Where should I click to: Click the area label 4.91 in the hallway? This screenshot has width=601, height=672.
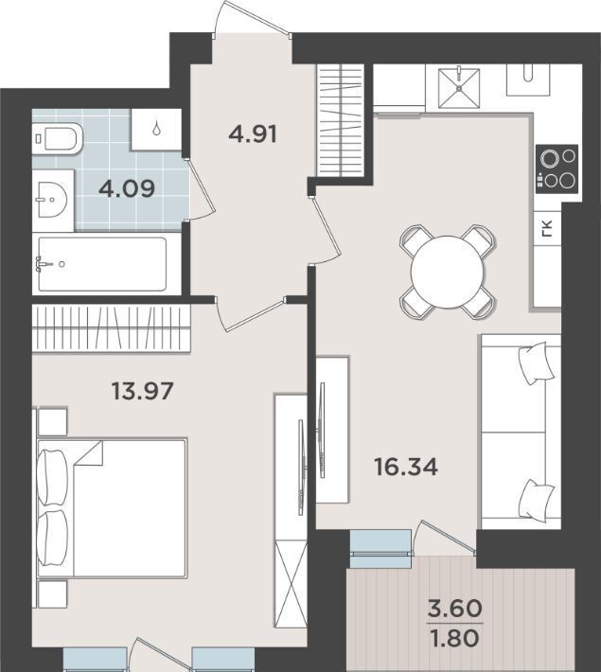[253, 134]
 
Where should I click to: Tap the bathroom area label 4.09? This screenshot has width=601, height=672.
[127, 188]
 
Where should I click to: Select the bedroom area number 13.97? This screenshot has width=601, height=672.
[142, 391]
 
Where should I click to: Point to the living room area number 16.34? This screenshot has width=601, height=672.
[406, 467]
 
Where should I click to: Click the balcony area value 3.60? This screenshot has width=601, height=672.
[455, 609]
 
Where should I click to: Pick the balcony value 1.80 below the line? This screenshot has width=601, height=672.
[455, 639]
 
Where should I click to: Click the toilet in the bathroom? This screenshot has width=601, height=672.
[58, 138]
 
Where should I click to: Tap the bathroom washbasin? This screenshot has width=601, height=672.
[53, 200]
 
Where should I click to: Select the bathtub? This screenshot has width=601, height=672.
[102, 264]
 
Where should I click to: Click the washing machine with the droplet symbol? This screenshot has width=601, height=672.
[156, 129]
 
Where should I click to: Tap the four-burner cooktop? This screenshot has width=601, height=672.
[557, 168]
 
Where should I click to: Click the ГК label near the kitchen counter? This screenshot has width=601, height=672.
[547, 228]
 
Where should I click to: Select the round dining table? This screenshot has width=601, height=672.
[448, 272]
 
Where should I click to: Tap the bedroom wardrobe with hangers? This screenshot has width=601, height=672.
[112, 327]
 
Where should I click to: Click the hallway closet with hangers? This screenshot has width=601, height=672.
[341, 120]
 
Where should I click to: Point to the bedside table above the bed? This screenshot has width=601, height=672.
[53, 422]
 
